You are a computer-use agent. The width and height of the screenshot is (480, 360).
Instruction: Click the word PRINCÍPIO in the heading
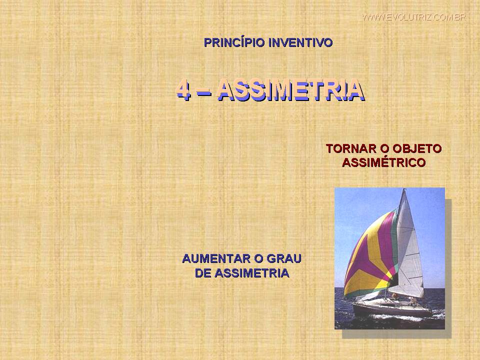click(x=234, y=42)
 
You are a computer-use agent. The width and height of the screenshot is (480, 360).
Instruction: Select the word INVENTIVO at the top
click(x=300, y=42)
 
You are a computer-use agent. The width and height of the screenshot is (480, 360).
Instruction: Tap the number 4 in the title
click(x=183, y=89)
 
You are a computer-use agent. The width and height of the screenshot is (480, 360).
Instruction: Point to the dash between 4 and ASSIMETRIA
click(x=203, y=90)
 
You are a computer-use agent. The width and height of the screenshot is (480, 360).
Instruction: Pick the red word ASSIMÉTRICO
click(x=384, y=162)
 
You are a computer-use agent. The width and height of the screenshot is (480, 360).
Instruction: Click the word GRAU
click(x=284, y=258)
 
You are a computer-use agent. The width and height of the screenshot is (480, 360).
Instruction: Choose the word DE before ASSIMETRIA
click(x=202, y=273)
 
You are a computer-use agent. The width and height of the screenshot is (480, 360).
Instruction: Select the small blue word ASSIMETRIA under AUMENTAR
click(x=252, y=273)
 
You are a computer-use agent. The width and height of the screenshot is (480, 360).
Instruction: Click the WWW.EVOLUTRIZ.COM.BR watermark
click(x=414, y=17)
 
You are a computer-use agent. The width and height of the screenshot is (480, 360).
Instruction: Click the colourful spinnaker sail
click(x=370, y=254)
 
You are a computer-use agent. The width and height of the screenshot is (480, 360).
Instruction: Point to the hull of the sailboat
click(x=392, y=309)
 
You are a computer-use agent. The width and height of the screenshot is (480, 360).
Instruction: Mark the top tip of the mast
click(x=404, y=189)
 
